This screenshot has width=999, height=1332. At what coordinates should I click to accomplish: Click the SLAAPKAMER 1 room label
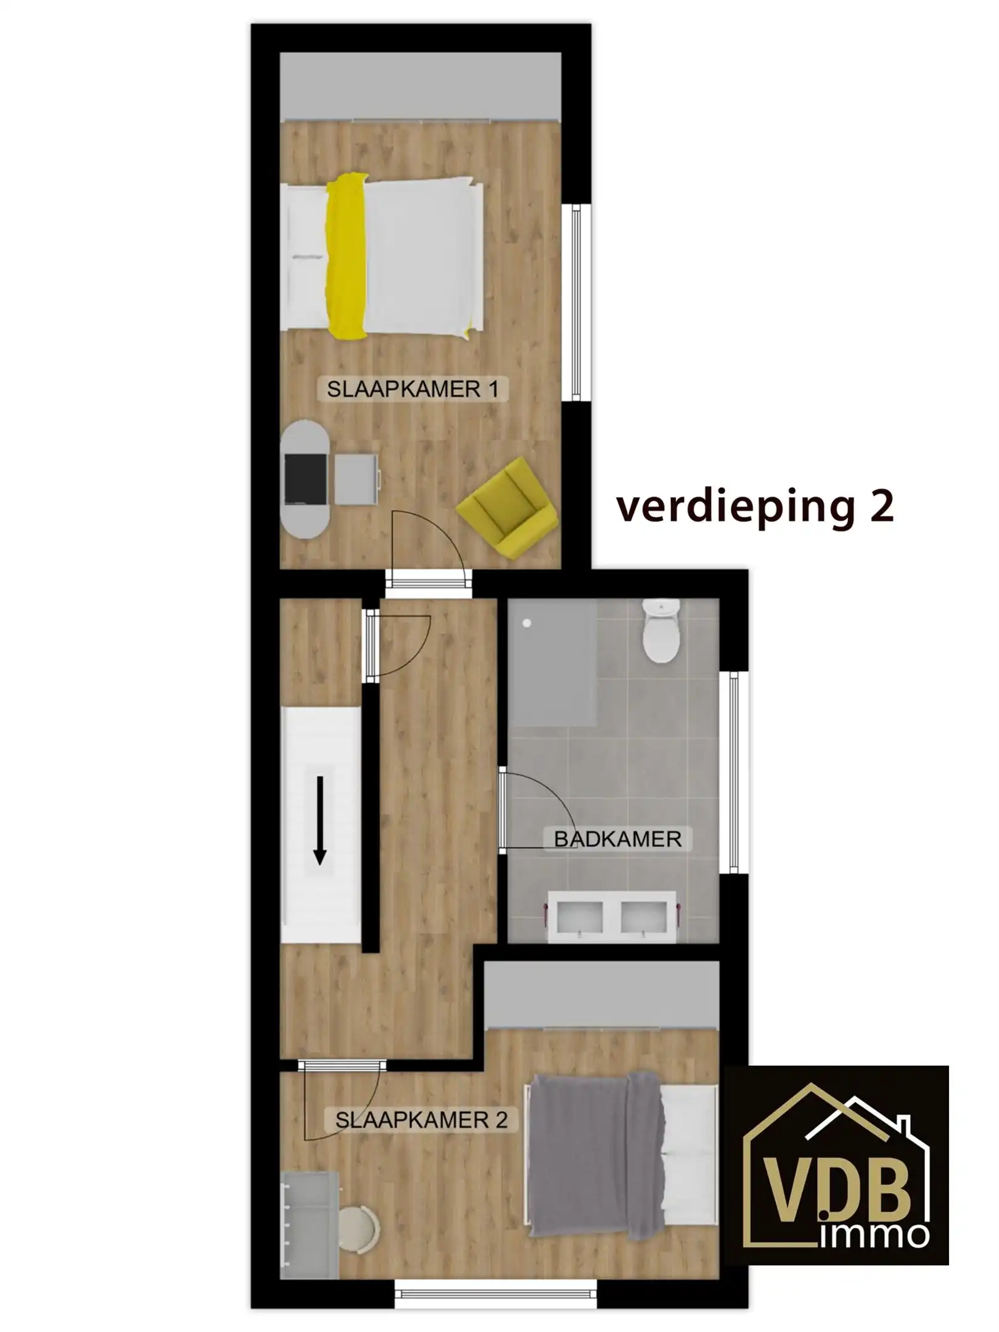tap(412, 390)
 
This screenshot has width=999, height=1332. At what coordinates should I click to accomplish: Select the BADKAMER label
tap(617, 839)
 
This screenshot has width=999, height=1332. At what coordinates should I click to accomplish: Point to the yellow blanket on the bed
tap(346, 257)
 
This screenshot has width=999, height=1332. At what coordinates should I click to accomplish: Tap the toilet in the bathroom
tap(661, 632)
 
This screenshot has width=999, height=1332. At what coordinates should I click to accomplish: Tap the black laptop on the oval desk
tap(305, 479)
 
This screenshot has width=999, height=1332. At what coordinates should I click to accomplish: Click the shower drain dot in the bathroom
tap(527, 623)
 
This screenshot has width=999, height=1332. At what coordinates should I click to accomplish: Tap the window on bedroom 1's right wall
tap(577, 302)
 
